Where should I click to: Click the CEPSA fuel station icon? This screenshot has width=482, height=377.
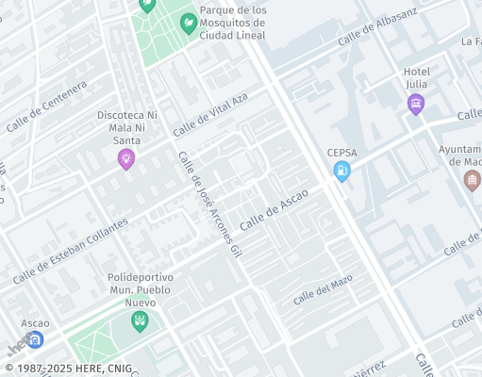click(341, 171)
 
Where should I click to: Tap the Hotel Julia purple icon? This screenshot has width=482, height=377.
click(416, 105)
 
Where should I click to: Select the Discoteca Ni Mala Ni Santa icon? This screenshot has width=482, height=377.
click(126, 159)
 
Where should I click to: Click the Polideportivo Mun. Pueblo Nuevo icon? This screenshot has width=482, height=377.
click(140, 321)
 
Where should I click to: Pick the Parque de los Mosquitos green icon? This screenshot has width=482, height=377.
click(189, 23)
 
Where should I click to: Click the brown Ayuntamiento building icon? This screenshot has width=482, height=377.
click(473, 180)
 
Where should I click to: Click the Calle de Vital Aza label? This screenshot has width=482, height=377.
click(209, 114)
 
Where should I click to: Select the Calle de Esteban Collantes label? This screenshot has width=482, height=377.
click(71, 253)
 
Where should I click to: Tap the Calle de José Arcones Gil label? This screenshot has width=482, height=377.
click(210, 202)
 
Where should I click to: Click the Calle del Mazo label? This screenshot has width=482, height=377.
click(323, 289)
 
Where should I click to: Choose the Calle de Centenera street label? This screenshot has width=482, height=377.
click(46, 107)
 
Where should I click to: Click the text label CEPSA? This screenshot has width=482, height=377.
click(341, 153)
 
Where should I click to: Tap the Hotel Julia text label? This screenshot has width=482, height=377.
click(416, 78)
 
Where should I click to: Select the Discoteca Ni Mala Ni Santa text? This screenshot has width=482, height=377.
click(127, 127)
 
